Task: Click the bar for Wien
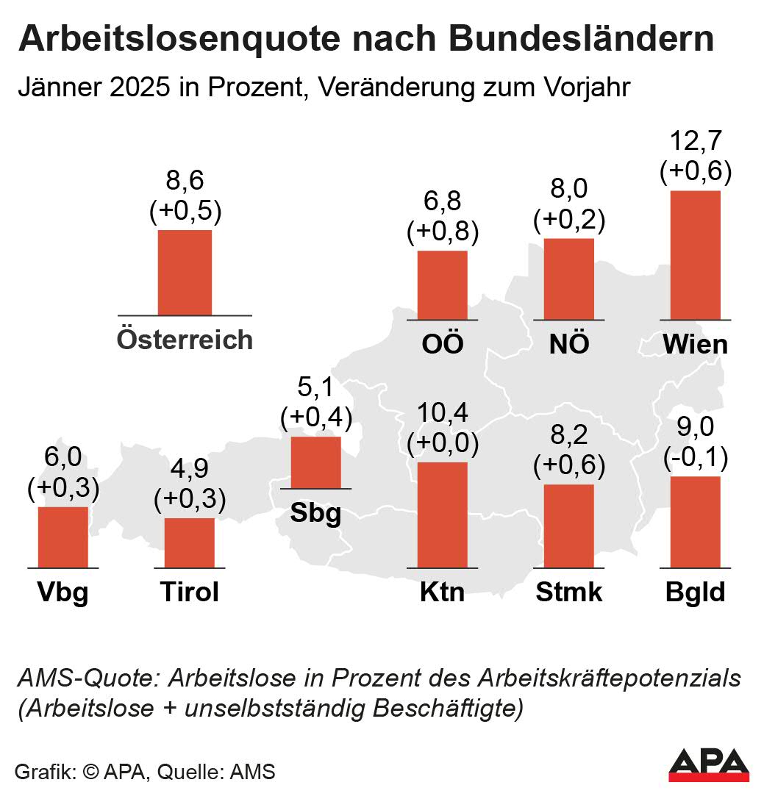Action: (695, 255)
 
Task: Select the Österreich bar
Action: (185, 273)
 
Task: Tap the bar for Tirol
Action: (189, 543)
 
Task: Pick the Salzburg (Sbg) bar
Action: (316, 462)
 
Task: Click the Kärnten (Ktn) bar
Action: (442, 515)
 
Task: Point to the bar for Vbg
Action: (63, 537)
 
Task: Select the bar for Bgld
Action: (695, 523)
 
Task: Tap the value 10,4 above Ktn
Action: (442, 414)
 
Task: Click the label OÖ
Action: (442, 344)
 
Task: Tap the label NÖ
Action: (568, 344)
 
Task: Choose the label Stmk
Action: (568, 592)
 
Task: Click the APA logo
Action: (708, 765)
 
